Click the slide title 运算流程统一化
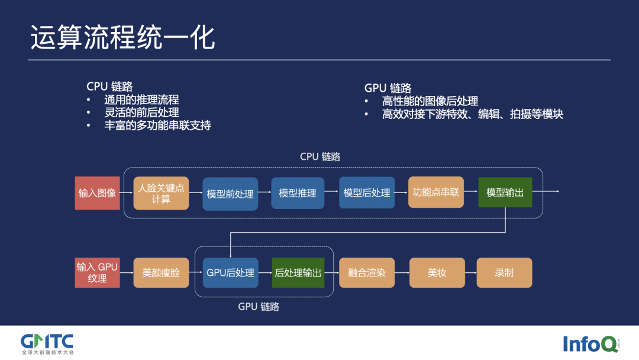click(x=122, y=38)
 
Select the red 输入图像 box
click(x=98, y=193)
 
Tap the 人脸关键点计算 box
click(x=161, y=193)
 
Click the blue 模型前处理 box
click(x=230, y=194)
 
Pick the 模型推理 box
click(x=298, y=193)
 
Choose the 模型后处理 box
click(x=367, y=193)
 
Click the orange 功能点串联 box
click(x=435, y=192)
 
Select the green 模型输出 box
click(x=505, y=192)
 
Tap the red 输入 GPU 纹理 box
click(x=98, y=272)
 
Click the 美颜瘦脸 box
click(x=161, y=273)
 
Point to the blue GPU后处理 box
click(x=230, y=273)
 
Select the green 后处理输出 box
click(x=298, y=273)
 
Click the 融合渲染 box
click(x=367, y=273)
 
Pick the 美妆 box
click(x=437, y=273)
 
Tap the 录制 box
click(x=504, y=273)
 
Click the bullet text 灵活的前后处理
click(x=141, y=112)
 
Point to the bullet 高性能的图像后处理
click(x=430, y=101)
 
